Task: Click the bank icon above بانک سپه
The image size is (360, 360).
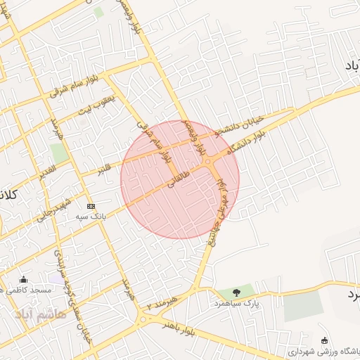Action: [89, 206]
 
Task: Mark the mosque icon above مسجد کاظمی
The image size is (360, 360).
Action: [24, 279]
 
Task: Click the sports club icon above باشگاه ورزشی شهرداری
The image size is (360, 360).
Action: [323, 339]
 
